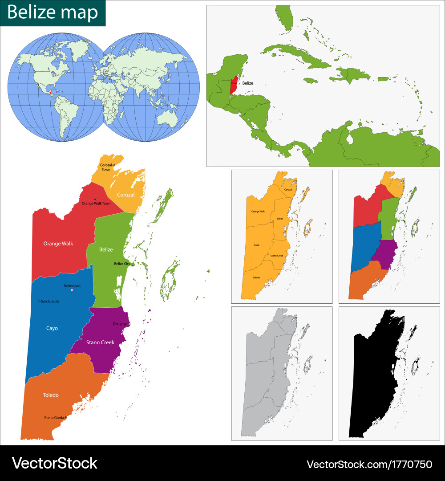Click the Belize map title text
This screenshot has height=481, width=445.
[x=53, y=13]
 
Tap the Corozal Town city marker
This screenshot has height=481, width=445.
[x=113, y=165]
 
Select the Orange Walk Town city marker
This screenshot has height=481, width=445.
[x=95, y=199]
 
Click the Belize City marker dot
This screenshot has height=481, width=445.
[x=133, y=265]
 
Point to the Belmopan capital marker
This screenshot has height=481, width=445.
[x=72, y=290]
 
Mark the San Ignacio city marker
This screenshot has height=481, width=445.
[x=40, y=302]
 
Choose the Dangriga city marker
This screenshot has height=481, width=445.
[x=129, y=324]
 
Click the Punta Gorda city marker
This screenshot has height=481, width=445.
[x=65, y=418]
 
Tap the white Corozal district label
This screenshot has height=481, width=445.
[x=126, y=195]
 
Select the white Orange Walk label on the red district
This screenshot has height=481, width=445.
[x=58, y=244]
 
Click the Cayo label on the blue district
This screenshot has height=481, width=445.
[x=52, y=328]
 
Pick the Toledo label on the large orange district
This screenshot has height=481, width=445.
[x=51, y=395]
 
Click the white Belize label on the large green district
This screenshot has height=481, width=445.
[x=106, y=249]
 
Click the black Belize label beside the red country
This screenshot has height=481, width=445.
[x=247, y=83]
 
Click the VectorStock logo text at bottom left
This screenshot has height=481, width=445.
[x=54, y=463]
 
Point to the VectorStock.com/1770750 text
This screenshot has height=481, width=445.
[x=369, y=464]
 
